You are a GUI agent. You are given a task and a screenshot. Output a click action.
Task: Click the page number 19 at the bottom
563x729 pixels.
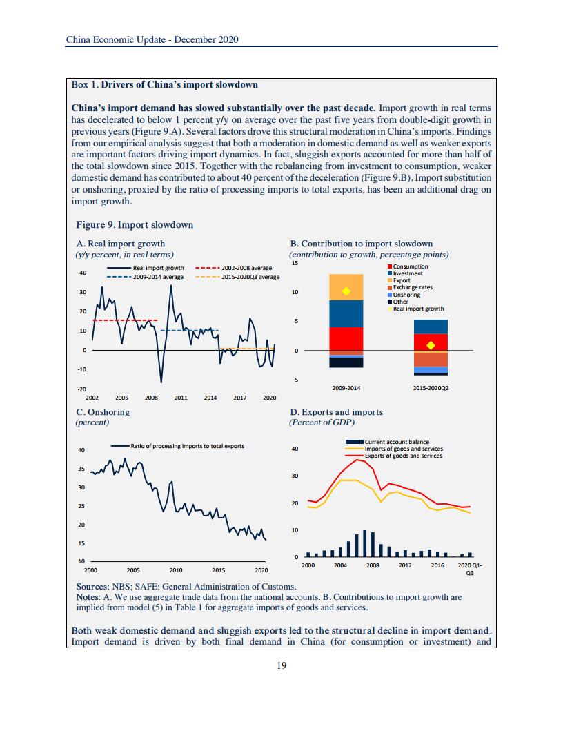point(281,665)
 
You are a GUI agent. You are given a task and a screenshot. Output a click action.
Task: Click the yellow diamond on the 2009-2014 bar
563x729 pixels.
point(346,291)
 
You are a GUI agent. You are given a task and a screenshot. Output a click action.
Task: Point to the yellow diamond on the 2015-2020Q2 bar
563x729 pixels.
point(431,345)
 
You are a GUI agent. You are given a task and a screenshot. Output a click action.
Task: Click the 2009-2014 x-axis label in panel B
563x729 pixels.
point(346,388)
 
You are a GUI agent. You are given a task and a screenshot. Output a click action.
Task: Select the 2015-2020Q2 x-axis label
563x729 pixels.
point(431,388)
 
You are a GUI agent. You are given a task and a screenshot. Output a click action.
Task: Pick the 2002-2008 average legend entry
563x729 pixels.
point(235,268)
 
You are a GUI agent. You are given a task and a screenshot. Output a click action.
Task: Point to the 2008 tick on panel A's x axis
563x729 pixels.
point(151,398)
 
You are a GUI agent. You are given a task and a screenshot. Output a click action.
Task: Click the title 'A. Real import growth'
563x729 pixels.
point(120,244)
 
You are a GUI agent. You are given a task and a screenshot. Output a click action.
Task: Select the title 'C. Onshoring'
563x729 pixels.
point(102,412)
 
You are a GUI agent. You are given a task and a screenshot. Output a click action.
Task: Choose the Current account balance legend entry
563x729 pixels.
point(396,442)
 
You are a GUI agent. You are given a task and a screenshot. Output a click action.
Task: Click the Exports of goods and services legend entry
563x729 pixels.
point(403,456)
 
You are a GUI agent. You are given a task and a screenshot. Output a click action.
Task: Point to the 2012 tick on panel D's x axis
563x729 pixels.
point(405,565)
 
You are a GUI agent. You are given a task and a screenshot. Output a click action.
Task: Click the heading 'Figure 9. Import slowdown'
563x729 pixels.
point(135,225)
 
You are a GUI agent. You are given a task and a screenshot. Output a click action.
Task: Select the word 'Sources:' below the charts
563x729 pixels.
point(88,586)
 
